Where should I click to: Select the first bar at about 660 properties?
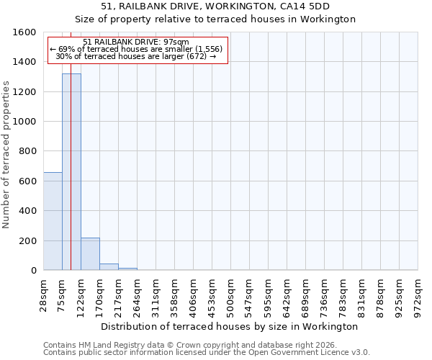point(53,221)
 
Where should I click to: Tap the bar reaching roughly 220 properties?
point(90,253)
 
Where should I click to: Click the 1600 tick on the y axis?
point(25,32)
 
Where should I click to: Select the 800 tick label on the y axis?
point(28,151)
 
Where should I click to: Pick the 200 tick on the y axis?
point(28,240)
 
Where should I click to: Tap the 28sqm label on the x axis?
point(44,294)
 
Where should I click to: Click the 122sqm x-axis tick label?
point(81,294)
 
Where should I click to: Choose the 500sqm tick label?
point(231,294)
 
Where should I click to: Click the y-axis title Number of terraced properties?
point(6,155)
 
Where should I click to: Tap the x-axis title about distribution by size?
point(230,326)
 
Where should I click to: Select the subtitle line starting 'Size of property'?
point(215,19)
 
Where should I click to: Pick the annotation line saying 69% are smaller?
point(137,49)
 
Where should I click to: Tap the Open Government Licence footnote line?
point(207,353)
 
